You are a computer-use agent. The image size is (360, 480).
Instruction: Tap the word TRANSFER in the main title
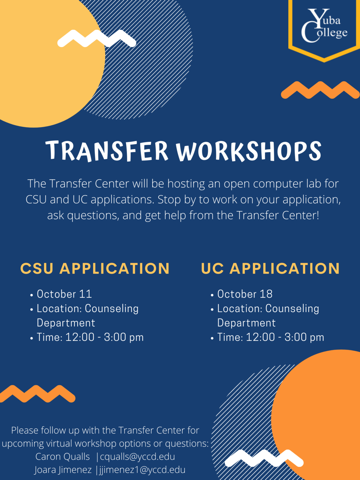point(107,151)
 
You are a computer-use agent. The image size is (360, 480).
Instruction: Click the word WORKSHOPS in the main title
point(248,151)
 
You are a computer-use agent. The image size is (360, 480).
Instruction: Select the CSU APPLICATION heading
point(95,268)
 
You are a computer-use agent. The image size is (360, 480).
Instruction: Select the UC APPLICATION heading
point(270,268)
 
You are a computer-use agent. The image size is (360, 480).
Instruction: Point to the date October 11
point(64,294)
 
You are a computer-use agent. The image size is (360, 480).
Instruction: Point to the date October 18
point(245,294)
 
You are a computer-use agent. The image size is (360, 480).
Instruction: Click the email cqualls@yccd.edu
point(137,457)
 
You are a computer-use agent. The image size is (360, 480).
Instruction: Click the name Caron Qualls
point(62,457)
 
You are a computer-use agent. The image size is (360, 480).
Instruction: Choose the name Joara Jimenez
point(63,470)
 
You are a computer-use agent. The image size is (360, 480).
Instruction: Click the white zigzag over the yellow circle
point(97,39)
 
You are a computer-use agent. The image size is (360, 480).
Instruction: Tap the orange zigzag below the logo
point(320,90)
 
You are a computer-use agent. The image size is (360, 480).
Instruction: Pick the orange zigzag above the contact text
point(37,394)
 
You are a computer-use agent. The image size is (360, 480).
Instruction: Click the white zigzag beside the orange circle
point(264,458)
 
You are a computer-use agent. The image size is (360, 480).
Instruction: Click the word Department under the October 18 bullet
point(246,323)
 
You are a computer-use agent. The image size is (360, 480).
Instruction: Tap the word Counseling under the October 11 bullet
point(112,309)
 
